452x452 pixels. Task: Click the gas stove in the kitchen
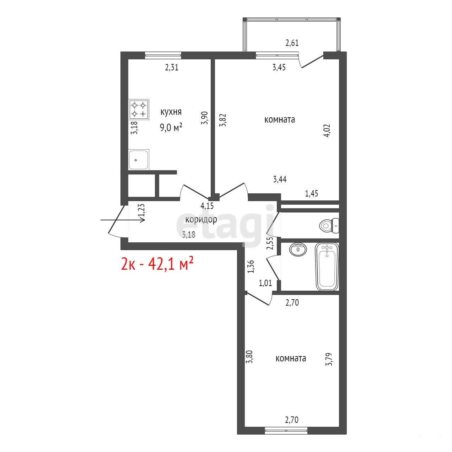click(x=139, y=109)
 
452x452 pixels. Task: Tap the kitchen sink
click(x=139, y=160)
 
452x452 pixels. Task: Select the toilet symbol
click(x=329, y=226)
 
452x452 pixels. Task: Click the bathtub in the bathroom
click(x=327, y=267)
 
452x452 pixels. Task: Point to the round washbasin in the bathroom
click(x=298, y=249)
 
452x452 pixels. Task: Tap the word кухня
click(x=171, y=112)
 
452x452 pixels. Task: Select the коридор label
click(x=201, y=220)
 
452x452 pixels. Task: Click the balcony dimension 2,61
click(x=292, y=43)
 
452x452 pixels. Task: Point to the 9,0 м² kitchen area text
click(x=171, y=128)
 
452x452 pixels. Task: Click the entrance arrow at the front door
click(x=122, y=220)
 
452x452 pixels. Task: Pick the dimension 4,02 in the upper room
click(x=327, y=131)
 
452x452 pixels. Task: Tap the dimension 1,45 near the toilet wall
click(x=312, y=194)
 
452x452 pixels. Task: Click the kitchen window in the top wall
click(x=163, y=55)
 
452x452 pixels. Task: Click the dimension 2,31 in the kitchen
click(x=172, y=68)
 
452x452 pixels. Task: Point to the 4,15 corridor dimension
click(x=207, y=206)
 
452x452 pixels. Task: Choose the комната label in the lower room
click(x=291, y=358)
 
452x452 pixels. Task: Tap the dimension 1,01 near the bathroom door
click(x=265, y=283)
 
